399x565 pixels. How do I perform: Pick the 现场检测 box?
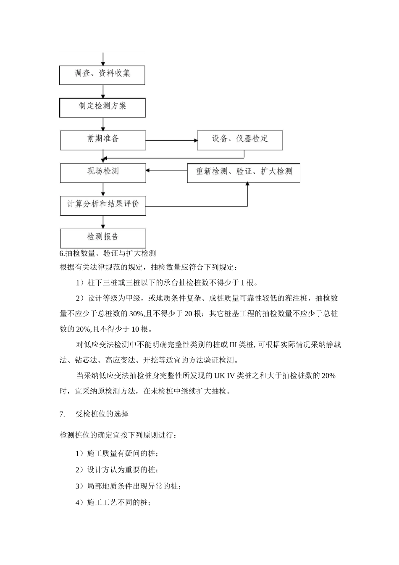tap(103, 172)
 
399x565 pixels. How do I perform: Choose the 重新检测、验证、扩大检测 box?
tap(244, 172)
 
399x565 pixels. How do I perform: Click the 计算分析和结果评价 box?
tap(103, 205)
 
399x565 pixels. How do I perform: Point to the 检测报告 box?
tap(103, 238)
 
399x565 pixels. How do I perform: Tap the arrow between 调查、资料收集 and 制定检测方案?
tap(103, 91)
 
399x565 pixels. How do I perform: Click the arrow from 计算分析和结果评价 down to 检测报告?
tap(103, 222)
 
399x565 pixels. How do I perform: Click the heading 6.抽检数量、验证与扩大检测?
tap(108, 253)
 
